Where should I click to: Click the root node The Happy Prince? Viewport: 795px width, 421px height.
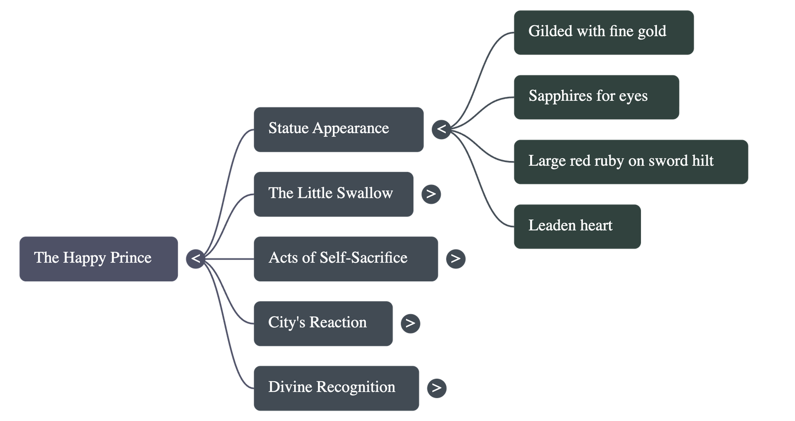(99, 259)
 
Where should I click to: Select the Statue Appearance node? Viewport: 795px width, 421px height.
(338, 129)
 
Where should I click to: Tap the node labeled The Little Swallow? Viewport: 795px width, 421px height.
(333, 194)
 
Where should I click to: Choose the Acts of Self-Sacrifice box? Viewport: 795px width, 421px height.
(345, 259)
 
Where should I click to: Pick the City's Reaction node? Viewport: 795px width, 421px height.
(323, 324)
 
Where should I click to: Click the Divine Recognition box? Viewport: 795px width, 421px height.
(336, 388)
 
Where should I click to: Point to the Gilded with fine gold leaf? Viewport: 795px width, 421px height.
(604, 32)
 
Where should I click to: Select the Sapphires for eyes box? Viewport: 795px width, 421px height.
(596, 97)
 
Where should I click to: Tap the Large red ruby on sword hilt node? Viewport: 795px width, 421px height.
(631, 162)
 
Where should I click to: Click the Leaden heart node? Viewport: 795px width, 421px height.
(577, 227)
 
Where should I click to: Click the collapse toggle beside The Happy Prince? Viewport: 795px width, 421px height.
(196, 259)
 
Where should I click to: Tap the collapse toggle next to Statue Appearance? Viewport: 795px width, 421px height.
(441, 130)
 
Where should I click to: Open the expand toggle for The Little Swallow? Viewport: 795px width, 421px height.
(431, 194)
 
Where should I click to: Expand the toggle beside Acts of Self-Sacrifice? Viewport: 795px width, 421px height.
(456, 258)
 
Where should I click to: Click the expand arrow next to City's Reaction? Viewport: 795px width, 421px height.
(410, 324)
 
